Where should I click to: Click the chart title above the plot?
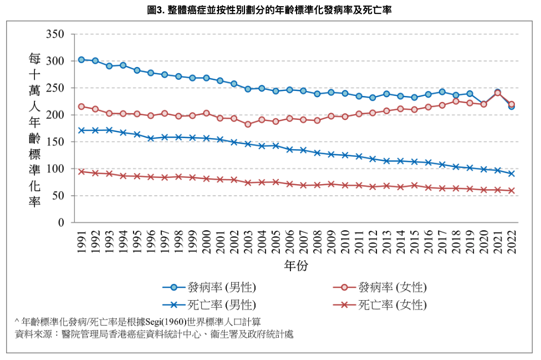coord(270,10)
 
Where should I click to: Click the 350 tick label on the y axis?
coord(57,34)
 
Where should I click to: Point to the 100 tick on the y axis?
coord(57,169)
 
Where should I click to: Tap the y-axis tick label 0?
coord(62,222)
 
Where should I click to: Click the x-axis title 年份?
coord(296,266)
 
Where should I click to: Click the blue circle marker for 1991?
coord(81,59)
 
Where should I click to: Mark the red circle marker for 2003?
coord(248,124)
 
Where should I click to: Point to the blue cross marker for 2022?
coord(512,174)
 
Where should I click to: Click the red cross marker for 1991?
coord(81,172)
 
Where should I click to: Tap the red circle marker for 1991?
coord(81,107)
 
